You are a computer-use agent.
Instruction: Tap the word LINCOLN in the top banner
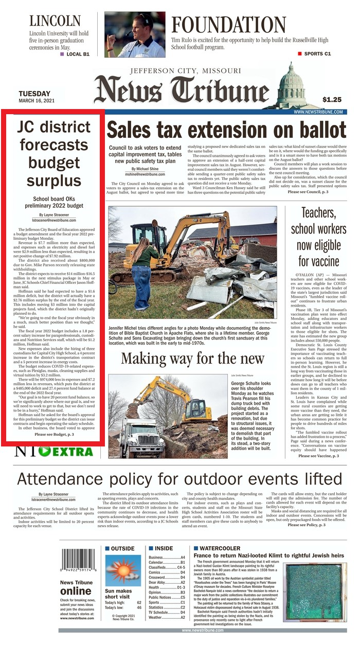[55, 21]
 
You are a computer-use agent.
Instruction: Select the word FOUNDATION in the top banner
[228, 25]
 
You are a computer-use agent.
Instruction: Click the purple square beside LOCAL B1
[62, 53]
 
